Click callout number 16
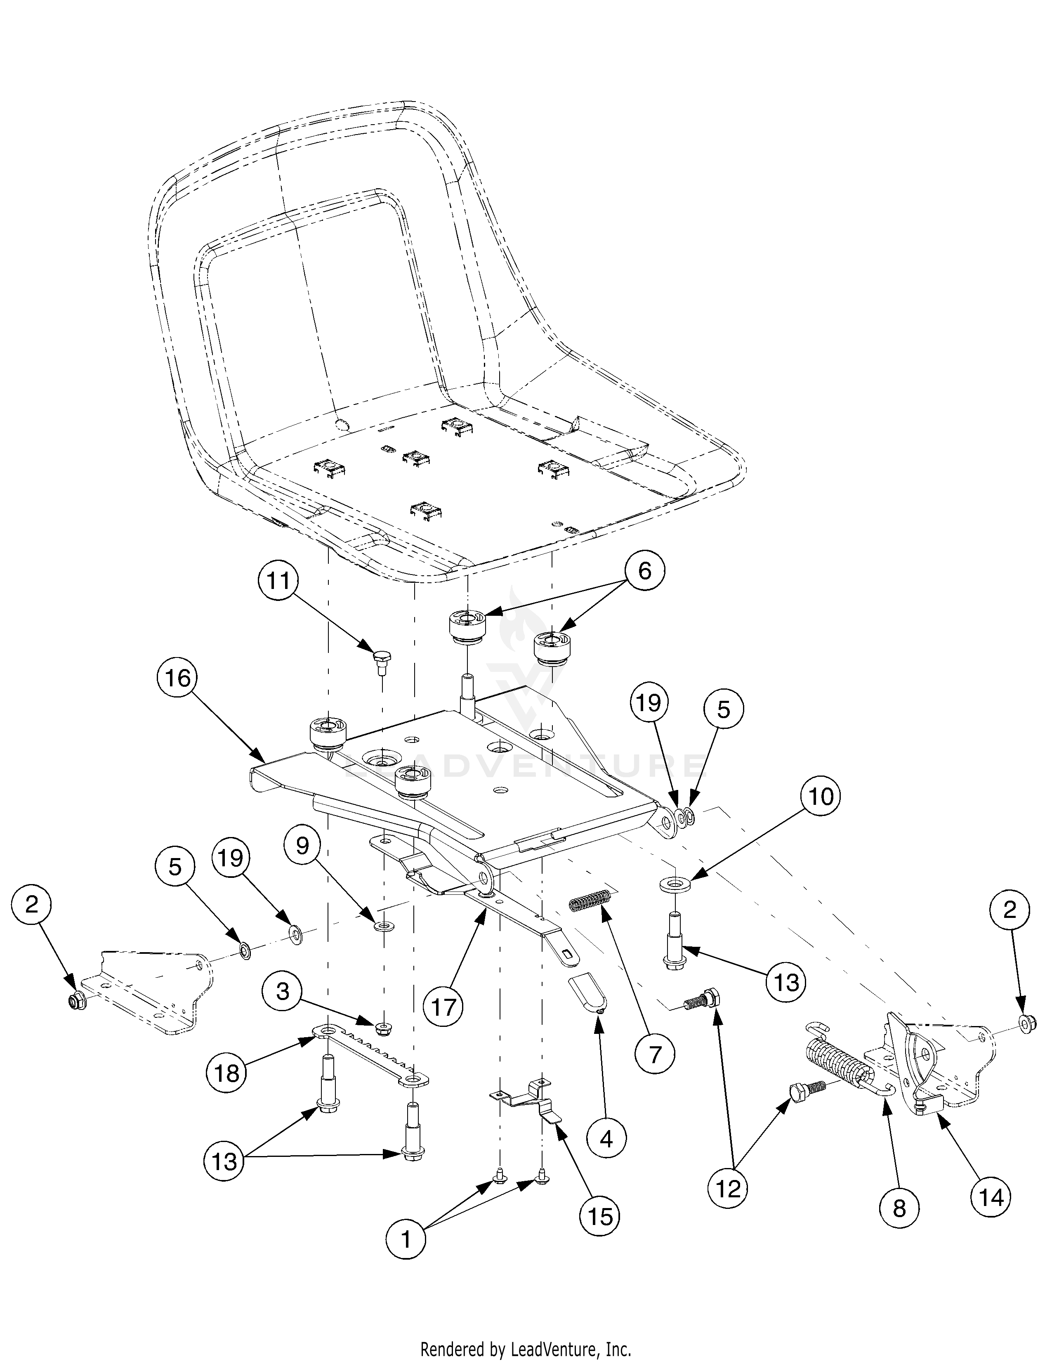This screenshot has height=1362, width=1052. pos(178,677)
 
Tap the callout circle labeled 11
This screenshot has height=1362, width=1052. pos(278,581)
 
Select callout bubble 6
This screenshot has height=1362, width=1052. pos(644,571)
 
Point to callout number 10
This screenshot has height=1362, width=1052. pos(821,797)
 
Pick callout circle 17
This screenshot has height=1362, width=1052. pos(443,1007)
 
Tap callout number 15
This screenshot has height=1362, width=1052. pos(600,1215)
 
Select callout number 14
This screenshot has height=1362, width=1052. pos(991,1197)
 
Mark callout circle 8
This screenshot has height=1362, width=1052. pos(899,1208)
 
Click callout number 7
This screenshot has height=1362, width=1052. pos(654,1055)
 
